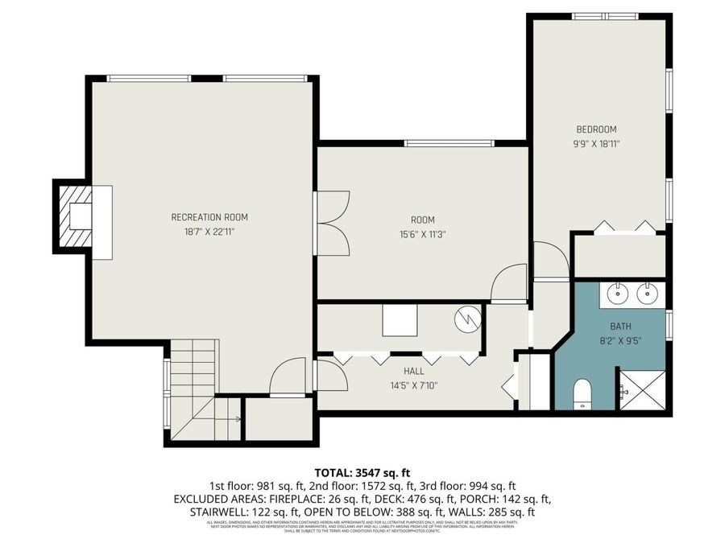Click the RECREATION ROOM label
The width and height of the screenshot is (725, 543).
pos(209,217)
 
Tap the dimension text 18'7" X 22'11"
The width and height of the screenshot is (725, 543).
pos(209,232)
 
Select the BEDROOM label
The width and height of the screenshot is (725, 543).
pos(595,130)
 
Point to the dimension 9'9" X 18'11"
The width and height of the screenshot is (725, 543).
pos(595,144)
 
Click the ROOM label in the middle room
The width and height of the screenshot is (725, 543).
pos(422,220)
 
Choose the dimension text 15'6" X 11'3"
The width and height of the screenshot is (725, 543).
pos(422,235)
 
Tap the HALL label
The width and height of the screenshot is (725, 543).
pos(414,372)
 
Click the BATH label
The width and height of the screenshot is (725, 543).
pos(620,327)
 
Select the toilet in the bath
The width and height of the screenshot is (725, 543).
pos(582,395)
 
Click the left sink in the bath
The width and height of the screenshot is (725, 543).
pos(617,294)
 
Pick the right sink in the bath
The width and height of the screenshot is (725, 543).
pos(648,294)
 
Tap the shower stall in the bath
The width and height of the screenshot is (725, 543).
pos(641,390)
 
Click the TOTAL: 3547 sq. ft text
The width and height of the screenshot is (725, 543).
pos(362,472)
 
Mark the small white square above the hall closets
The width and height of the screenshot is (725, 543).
pos(399,319)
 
